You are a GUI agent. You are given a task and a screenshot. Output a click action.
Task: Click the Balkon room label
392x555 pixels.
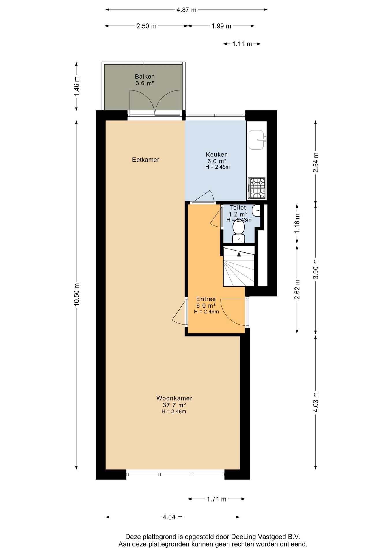[x=145, y=77]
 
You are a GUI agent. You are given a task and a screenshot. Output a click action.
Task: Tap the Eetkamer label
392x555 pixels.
[x=146, y=160]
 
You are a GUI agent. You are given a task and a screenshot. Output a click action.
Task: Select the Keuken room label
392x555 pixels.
[x=217, y=155]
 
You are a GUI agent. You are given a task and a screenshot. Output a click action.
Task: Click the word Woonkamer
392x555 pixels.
[x=174, y=398]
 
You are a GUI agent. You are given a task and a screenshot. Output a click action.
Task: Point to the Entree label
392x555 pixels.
[x=206, y=299]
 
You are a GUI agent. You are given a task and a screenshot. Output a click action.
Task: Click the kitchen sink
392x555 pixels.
[x=257, y=140]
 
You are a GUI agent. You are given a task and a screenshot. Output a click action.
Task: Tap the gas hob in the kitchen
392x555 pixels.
[x=257, y=188]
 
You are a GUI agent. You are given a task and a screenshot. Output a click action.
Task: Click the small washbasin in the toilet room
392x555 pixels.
[x=256, y=211]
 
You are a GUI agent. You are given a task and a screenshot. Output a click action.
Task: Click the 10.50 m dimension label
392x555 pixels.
[x=76, y=294]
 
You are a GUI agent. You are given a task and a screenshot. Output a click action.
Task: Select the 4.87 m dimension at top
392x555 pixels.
[x=186, y=10]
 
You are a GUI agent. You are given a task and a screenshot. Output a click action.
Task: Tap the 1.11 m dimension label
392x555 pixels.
[x=242, y=44]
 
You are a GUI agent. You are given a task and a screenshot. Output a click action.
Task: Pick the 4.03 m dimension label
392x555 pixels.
[x=316, y=403]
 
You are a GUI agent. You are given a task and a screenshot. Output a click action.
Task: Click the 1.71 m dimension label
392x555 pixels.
[x=217, y=499]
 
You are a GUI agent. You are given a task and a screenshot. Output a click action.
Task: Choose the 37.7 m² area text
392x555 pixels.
[x=174, y=405]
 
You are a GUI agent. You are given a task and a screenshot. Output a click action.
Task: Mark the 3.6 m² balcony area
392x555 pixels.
[x=145, y=83]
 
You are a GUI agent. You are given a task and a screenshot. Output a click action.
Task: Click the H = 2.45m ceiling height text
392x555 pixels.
[x=218, y=167]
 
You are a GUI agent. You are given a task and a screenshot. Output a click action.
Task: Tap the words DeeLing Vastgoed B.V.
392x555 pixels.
[x=266, y=537]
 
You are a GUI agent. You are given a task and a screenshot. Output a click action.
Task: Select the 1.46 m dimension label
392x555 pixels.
[x=76, y=86]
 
